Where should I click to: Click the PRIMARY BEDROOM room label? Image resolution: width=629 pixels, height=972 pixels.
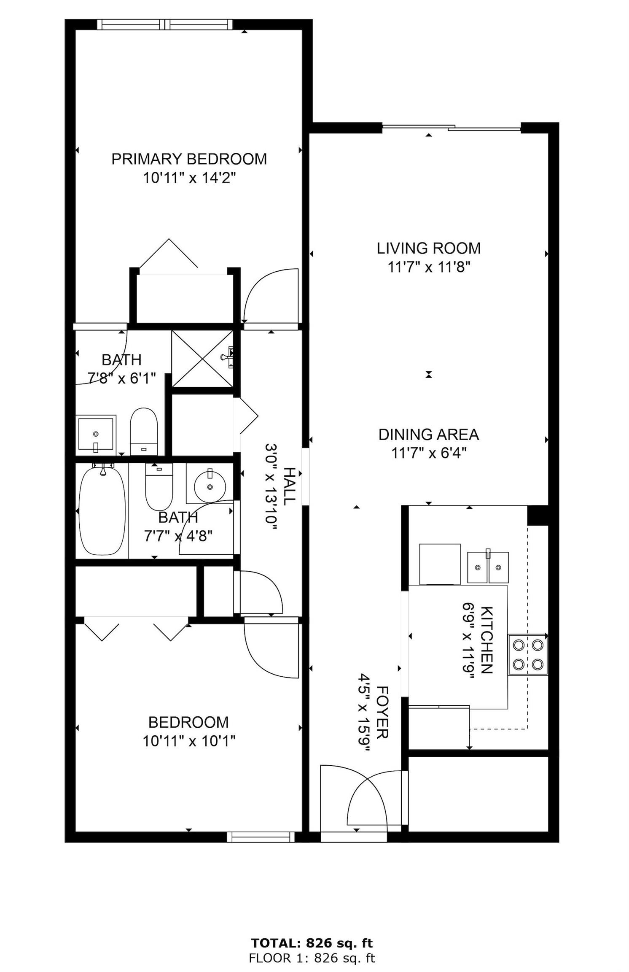pyautogui.click(x=189, y=159)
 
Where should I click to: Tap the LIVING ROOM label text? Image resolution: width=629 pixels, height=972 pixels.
pyautogui.click(x=429, y=248)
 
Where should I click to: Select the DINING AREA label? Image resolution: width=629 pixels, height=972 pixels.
pyautogui.click(x=429, y=435)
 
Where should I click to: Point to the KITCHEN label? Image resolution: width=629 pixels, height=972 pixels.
pyautogui.click(x=487, y=640)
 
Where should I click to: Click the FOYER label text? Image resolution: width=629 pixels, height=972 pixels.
pyautogui.click(x=382, y=713)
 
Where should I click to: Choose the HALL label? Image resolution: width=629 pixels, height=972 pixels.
pyautogui.click(x=289, y=486)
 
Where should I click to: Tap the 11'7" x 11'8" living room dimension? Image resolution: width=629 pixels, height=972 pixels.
pyautogui.click(x=429, y=267)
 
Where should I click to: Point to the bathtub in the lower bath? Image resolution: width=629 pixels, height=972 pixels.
pyautogui.click(x=102, y=510)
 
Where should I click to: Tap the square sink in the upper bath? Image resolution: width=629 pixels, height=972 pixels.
pyautogui.click(x=96, y=435)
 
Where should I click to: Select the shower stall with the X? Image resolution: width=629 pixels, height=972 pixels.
pyautogui.click(x=203, y=358)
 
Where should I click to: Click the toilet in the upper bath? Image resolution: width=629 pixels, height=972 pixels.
pyautogui.click(x=144, y=431)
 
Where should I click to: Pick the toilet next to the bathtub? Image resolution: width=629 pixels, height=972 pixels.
pyautogui.click(x=159, y=486)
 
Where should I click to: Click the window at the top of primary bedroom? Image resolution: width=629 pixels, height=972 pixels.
pyautogui.click(x=165, y=24)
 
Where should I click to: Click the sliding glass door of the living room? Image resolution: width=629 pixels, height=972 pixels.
pyautogui.click(x=452, y=127)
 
